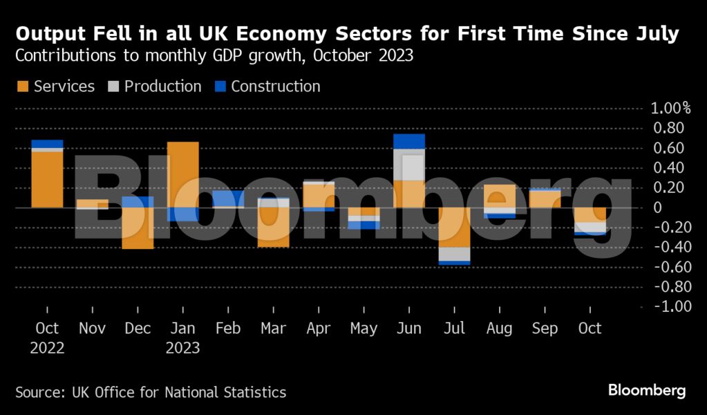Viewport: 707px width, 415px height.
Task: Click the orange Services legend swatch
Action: tap(23, 86)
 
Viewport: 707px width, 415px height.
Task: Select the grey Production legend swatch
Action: tap(113, 86)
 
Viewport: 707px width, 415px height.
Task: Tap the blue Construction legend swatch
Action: tap(220, 86)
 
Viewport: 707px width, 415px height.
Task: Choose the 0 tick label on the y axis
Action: tap(658, 207)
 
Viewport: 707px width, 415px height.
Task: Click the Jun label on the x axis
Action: tap(409, 328)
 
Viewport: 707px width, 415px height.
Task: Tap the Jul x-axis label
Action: tap(455, 328)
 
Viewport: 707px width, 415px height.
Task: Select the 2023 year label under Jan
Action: tap(183, 348)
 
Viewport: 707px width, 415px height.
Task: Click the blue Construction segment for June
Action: tap(409, 141)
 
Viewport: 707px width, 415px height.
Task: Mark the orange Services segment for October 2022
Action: tap(47, 179)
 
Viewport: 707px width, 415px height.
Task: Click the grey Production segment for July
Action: tap(455, 254)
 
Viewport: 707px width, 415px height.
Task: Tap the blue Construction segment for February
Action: tap(228, 198)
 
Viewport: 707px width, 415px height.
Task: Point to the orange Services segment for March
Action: tap(274, 228)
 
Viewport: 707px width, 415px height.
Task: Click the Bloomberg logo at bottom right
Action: tap(647, 390)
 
